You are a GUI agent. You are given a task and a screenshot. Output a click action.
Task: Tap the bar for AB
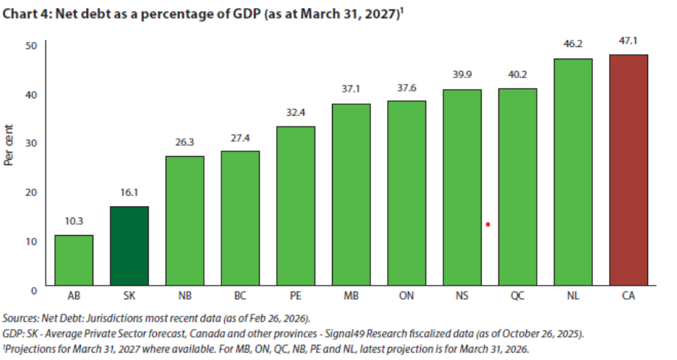tap(74, 260)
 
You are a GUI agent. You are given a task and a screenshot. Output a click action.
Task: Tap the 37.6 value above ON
tap(406, 89)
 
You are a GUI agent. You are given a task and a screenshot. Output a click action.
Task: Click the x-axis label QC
tap(517, 296)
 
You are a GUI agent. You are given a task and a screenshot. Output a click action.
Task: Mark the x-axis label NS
tap(462, 296)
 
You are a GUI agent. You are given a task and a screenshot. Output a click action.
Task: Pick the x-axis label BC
tap(240, 296)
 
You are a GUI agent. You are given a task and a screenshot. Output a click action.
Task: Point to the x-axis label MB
tap(351, 296)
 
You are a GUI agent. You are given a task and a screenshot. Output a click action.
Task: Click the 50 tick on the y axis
tap(31, 45)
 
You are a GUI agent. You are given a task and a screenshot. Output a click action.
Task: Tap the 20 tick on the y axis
tap(31, 192)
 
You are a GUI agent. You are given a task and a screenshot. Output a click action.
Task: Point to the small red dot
tap(488, 224)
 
